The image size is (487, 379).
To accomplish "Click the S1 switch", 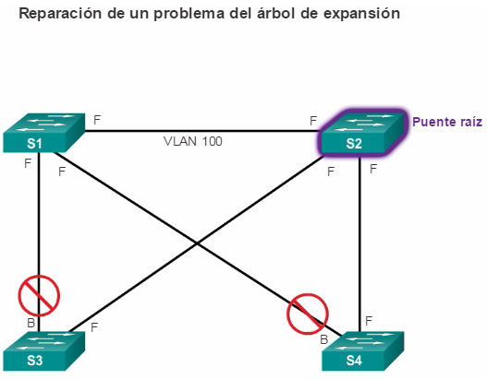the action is click(43, 133).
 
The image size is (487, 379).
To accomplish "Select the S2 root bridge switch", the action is click(362, 133).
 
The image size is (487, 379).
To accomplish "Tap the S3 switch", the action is click(43, 351).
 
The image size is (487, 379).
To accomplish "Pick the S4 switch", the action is click(363, 351).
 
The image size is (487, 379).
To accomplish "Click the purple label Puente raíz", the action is click(447, 122).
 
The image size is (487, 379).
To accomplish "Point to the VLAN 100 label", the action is click(193, 141).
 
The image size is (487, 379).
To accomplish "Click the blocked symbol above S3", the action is click(39, 296).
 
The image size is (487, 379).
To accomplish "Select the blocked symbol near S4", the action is click(307, 314).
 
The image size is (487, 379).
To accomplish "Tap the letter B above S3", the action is click(31, 323).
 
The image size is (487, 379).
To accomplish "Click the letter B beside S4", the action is click(324, 339).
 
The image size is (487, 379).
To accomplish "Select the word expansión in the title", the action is click(361, 14).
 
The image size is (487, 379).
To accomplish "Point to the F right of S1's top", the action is click(97, 120).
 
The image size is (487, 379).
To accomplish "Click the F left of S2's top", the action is click(313, 121).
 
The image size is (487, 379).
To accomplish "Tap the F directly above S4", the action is click(369, 321).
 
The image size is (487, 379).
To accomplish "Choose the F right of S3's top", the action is click(94, 327).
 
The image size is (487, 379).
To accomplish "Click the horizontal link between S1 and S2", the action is click(201, 131).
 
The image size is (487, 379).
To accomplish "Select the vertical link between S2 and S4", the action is click(359, 243).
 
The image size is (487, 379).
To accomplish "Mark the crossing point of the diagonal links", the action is click(197, 243).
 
